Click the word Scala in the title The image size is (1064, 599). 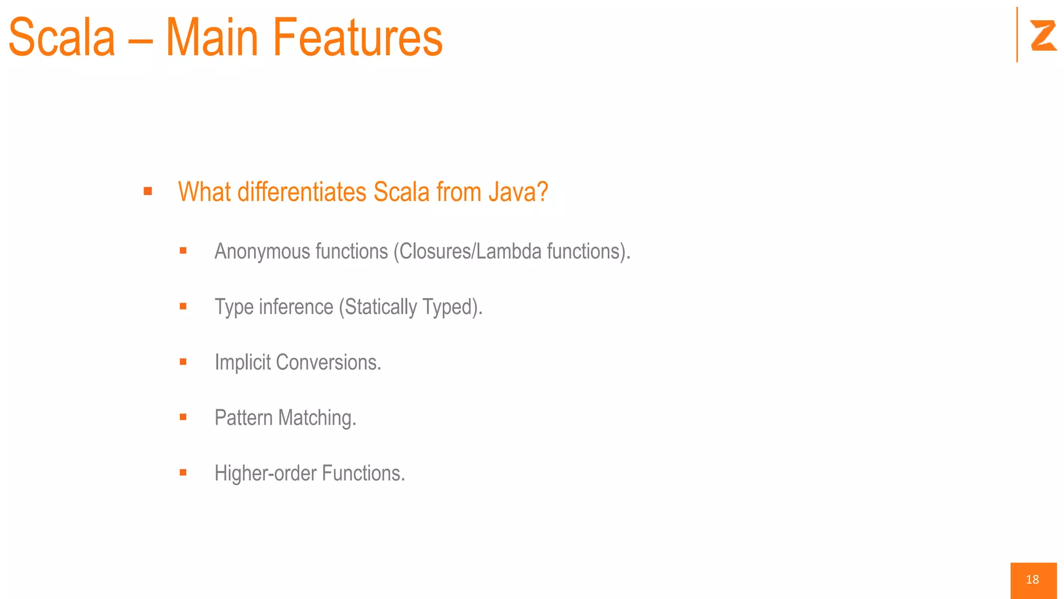tap(62, 37)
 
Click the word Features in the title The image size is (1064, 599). tap(357, 37)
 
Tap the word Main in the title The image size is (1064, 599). tap(212, 37)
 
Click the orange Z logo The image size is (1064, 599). tap(1043, 35)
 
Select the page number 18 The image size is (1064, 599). tap(1032, 580)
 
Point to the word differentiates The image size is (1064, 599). tap(302, 192)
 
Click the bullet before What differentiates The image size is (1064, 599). tap(148, 191)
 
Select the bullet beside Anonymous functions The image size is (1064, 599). tap(183, 251)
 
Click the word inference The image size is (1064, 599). tap(296, 307)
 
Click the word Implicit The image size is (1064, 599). tap(243, 362)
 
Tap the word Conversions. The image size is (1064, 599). tap(328, 362)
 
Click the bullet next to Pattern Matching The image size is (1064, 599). tap(183, 417)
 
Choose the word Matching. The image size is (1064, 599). tap(317, 418)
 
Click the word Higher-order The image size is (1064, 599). tap(265, 474)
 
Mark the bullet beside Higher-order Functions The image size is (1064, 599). tap(183, 473)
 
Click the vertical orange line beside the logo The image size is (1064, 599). tap(1017, 34)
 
